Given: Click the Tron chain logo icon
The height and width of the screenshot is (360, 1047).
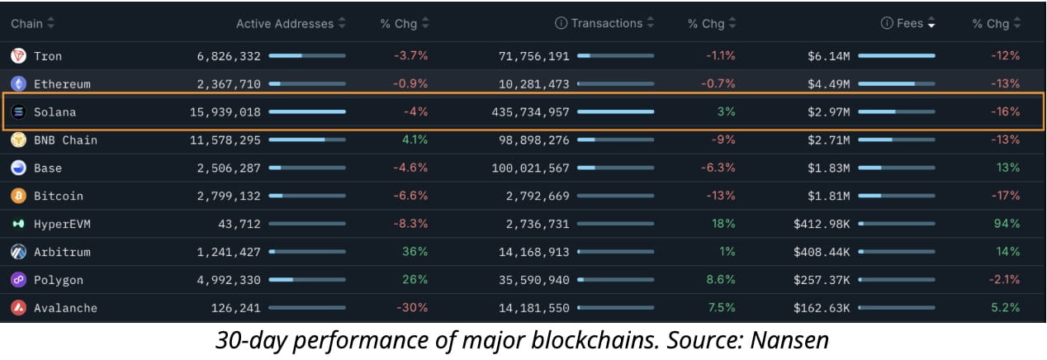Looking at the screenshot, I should (x=18, y=56).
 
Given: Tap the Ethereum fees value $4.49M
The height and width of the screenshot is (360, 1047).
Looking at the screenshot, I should (x=828, y=84).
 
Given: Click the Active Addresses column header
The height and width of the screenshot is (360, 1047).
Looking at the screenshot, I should (x=285, y=24).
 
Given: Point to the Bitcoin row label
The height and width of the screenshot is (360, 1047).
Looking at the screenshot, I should (x=58, y=197).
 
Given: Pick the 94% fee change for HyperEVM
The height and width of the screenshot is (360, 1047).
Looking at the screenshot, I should (x=1007, y=224).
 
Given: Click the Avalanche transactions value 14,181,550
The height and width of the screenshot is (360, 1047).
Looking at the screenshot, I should (x=534, y=308).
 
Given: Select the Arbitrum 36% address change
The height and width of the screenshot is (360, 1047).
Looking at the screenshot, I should (x=415, y=252).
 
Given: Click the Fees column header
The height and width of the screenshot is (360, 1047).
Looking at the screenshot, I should (x=909, y=24).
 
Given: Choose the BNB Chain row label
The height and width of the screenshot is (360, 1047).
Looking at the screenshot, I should (x=65, y=140).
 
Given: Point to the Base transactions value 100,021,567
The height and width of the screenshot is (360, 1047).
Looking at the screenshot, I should (x=534, y=168).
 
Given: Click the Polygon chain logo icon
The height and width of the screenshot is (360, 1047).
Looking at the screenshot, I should (x=18, y=280).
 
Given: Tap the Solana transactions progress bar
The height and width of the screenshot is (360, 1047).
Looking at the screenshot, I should (x=615, y=111).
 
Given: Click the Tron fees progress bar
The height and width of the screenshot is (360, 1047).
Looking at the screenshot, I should (x=897, y=56).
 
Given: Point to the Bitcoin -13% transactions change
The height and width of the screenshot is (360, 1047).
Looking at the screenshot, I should (x=720, y=197).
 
